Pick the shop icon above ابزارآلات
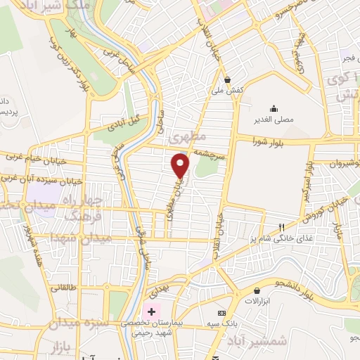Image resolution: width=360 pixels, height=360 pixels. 258,290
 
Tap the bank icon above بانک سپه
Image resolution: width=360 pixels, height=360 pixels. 222,312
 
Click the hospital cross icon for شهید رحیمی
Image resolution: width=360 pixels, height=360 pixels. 151,310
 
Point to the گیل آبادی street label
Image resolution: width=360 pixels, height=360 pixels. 123,124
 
